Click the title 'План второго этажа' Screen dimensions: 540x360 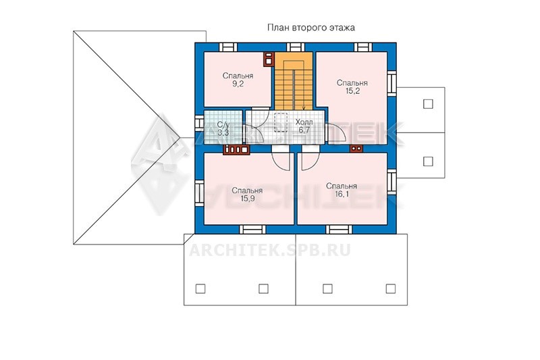tap(311, 28)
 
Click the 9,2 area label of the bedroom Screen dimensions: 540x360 tap(238, 84)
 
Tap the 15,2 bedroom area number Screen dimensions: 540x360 tap(352, 91)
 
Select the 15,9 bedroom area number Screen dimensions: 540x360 tap(247, 199)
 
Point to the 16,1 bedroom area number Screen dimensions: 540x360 tap(342, 194)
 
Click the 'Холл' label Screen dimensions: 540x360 tap(304, 122)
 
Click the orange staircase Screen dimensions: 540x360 tap(294, 80)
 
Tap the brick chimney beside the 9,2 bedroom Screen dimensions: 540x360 tap(269, 59)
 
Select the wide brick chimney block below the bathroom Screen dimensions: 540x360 tap(236, 150)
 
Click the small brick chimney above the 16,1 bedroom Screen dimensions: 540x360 tap(356, 149)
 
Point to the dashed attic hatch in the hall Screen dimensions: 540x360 tap(281, 122)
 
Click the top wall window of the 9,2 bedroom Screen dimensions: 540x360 tap(228, 47)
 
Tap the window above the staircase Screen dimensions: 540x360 tap(296, 47)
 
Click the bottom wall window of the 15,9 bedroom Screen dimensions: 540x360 tap(252, 229)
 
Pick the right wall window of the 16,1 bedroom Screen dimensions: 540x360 tap(391, 182)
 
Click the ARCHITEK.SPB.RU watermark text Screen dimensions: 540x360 tap(270, 250)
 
